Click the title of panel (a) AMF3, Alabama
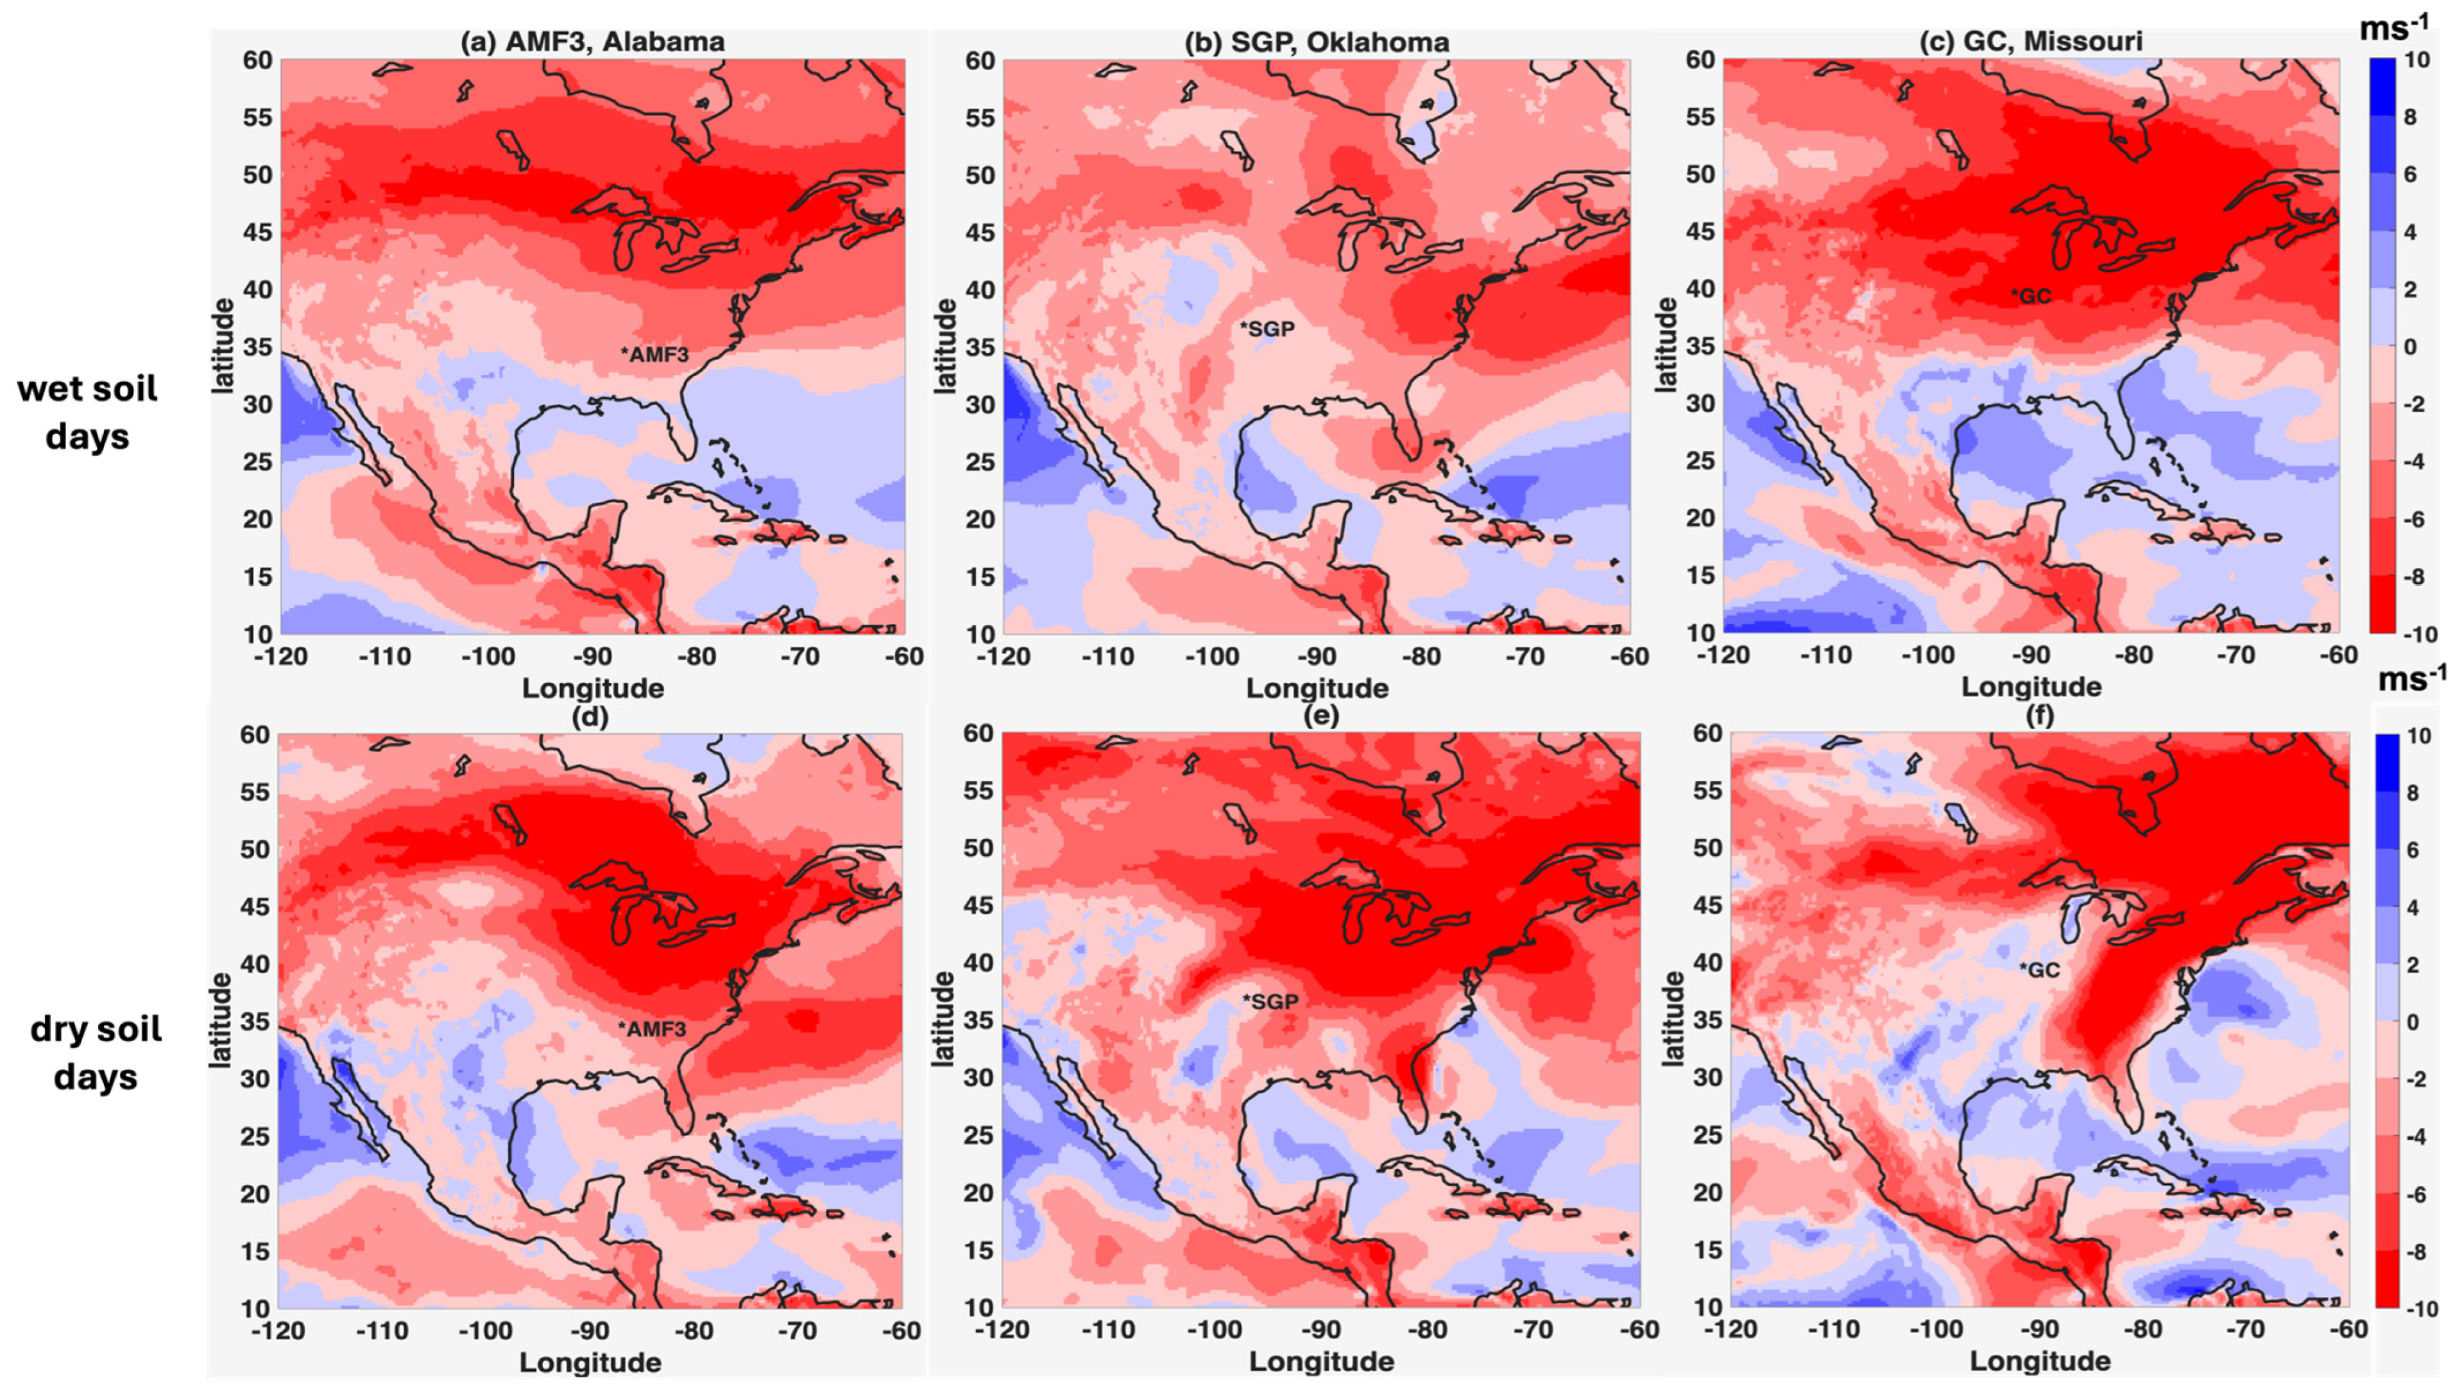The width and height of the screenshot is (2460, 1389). [x=592, y=42]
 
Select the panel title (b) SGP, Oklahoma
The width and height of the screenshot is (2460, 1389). [x=1317, y=42]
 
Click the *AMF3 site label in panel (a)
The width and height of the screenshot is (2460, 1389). [x=655, y=354]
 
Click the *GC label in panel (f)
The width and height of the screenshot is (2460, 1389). [x=2039, y=971]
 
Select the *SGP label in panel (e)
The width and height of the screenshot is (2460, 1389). [x=1270, y=1002]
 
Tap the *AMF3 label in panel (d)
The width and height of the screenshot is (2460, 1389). [x=653, y=1029]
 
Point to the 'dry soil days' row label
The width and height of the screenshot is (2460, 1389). [x=96, y=1053]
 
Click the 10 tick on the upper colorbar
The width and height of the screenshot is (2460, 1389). [x=2417, y=59]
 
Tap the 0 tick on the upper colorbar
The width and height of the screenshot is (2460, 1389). [x=2411, y=347]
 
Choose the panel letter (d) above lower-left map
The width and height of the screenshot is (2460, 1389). [x=588, y=716]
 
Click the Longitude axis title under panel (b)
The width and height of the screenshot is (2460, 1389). [x=1317, y=688]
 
